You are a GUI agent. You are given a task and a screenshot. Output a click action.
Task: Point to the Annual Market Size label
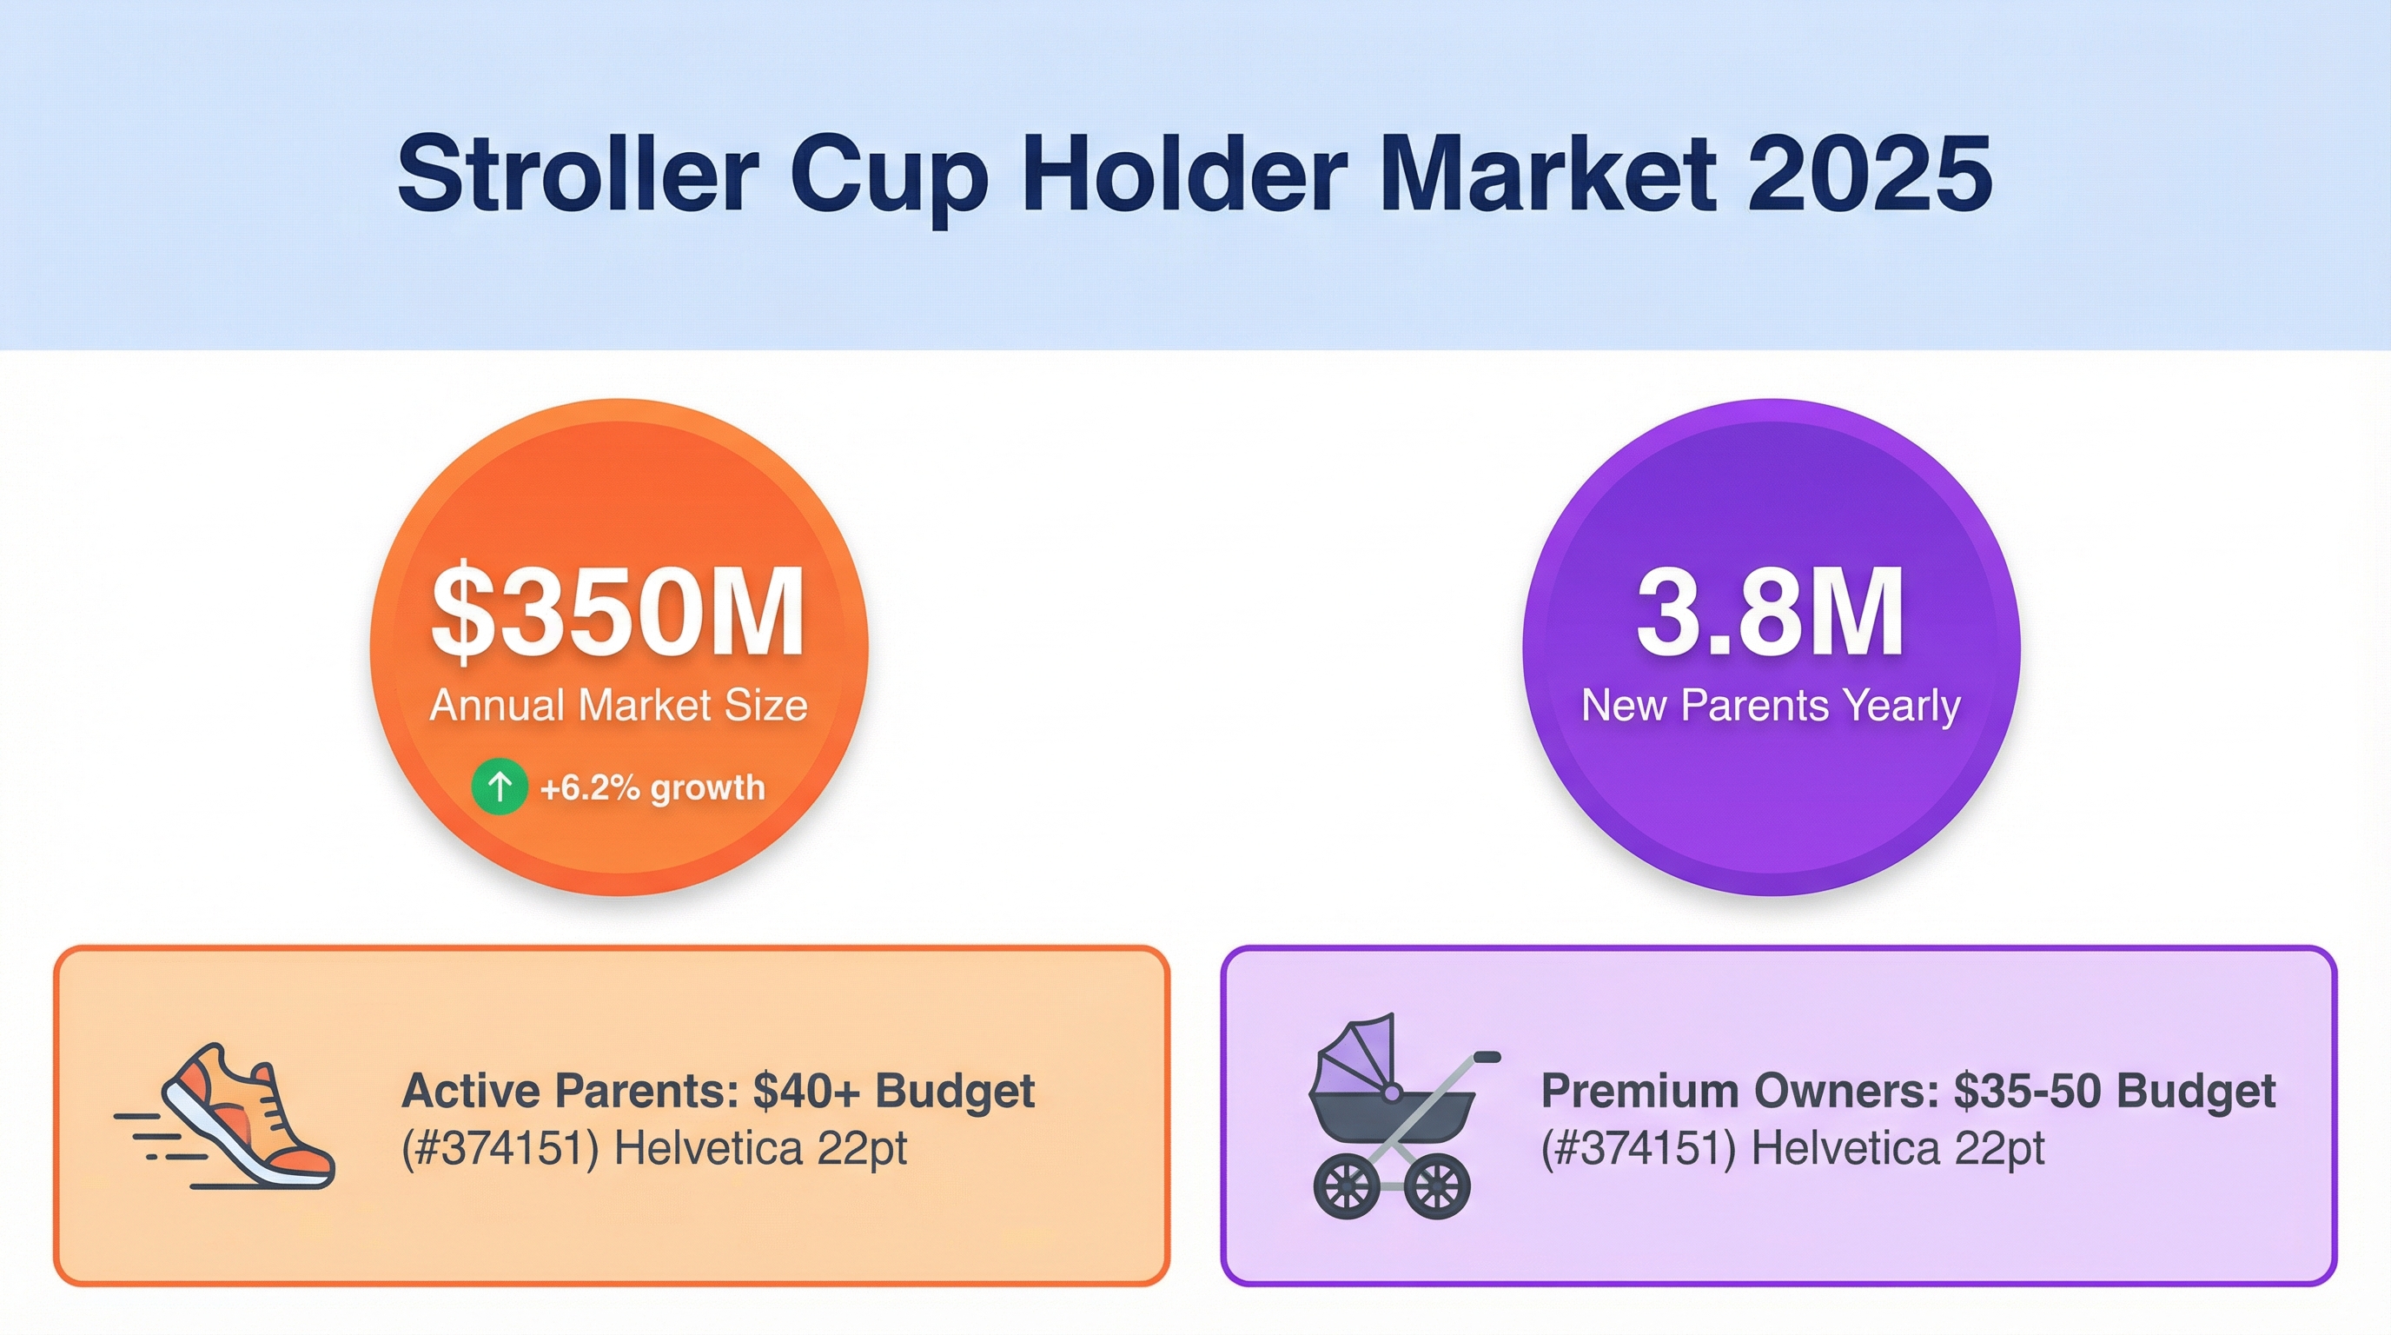tap(619, 706)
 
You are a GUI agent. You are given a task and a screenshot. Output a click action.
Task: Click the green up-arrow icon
tap(500, 787)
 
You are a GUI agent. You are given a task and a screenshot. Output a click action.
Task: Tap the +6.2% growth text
tap(652, 788)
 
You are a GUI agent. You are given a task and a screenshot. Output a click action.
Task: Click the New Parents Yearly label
tap(1770, 706)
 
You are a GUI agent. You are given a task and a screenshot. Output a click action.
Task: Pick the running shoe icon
tap(225, 1116)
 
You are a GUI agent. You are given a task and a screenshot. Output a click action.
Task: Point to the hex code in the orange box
tap(500, 1149)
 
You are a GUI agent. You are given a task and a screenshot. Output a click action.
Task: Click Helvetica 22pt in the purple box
tap(1898, 1149)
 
